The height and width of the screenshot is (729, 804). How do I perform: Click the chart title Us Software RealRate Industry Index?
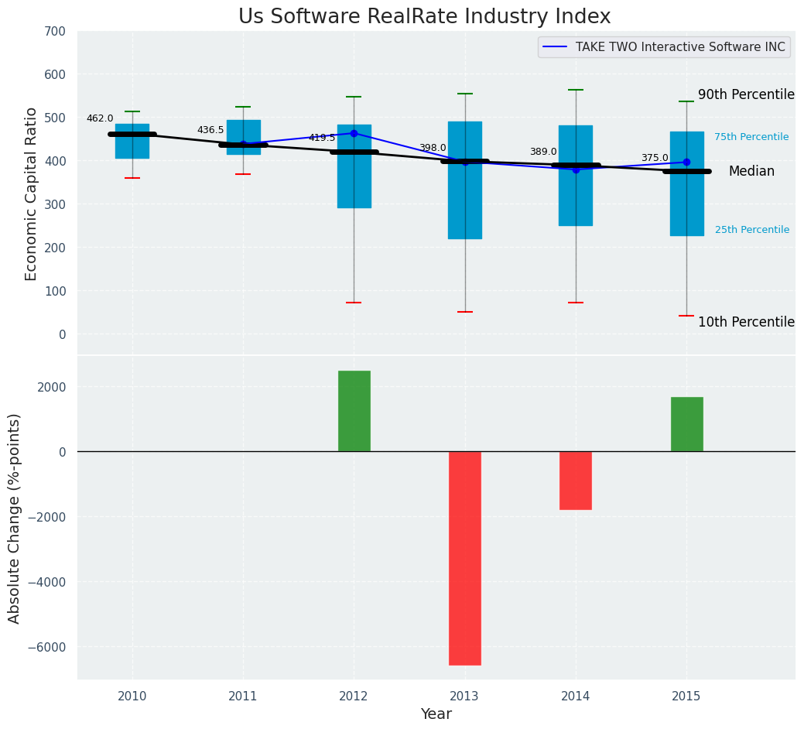424,17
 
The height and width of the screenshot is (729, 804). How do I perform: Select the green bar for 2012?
354,411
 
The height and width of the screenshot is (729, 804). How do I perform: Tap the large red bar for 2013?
465,557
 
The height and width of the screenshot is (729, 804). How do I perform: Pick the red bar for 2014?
576,480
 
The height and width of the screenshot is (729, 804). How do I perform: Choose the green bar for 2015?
686,424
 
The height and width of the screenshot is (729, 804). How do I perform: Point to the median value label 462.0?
100,118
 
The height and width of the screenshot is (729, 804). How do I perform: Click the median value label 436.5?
210,130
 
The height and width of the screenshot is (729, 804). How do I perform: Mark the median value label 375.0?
655,158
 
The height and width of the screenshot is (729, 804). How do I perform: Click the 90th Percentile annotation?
746,94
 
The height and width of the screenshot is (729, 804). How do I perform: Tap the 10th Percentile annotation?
746,322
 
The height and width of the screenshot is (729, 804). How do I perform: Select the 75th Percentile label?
751,137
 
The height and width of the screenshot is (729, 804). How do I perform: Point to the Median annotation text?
751,172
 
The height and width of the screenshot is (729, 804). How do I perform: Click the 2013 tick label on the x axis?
465,696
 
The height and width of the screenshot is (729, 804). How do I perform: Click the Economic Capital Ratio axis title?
32,193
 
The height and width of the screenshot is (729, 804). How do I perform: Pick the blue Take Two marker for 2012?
354,133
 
